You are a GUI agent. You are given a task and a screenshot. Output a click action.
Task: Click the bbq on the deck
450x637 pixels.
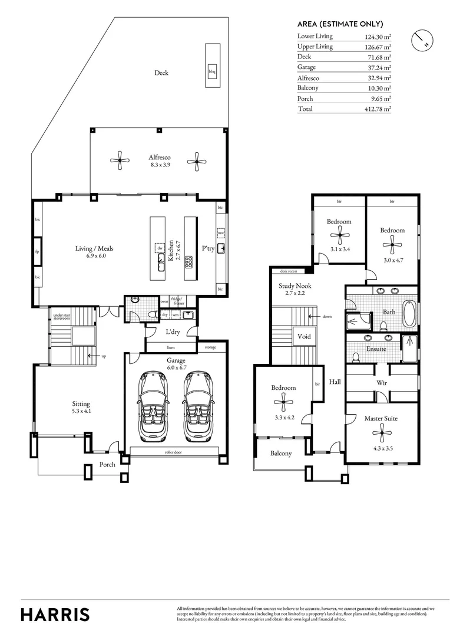point(212,72)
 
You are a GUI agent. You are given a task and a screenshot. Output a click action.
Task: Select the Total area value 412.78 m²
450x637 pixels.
point(378,109)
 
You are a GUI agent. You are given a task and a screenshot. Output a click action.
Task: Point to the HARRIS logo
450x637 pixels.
point(55,614)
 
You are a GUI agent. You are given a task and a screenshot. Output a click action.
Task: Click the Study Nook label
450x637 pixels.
point(295,287)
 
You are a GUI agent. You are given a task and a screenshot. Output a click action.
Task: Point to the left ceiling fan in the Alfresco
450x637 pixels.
point(120,159)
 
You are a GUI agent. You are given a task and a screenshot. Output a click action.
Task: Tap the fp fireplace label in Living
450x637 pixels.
point(37,252)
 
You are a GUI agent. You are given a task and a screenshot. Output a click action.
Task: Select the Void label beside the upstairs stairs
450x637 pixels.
point(305,337)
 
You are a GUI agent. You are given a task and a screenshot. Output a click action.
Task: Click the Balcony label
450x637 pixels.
point(281,454)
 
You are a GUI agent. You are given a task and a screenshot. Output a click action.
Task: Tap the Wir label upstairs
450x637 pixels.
point(381,382)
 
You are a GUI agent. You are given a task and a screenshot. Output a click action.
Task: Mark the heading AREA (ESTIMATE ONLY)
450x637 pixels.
point(340,24)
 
